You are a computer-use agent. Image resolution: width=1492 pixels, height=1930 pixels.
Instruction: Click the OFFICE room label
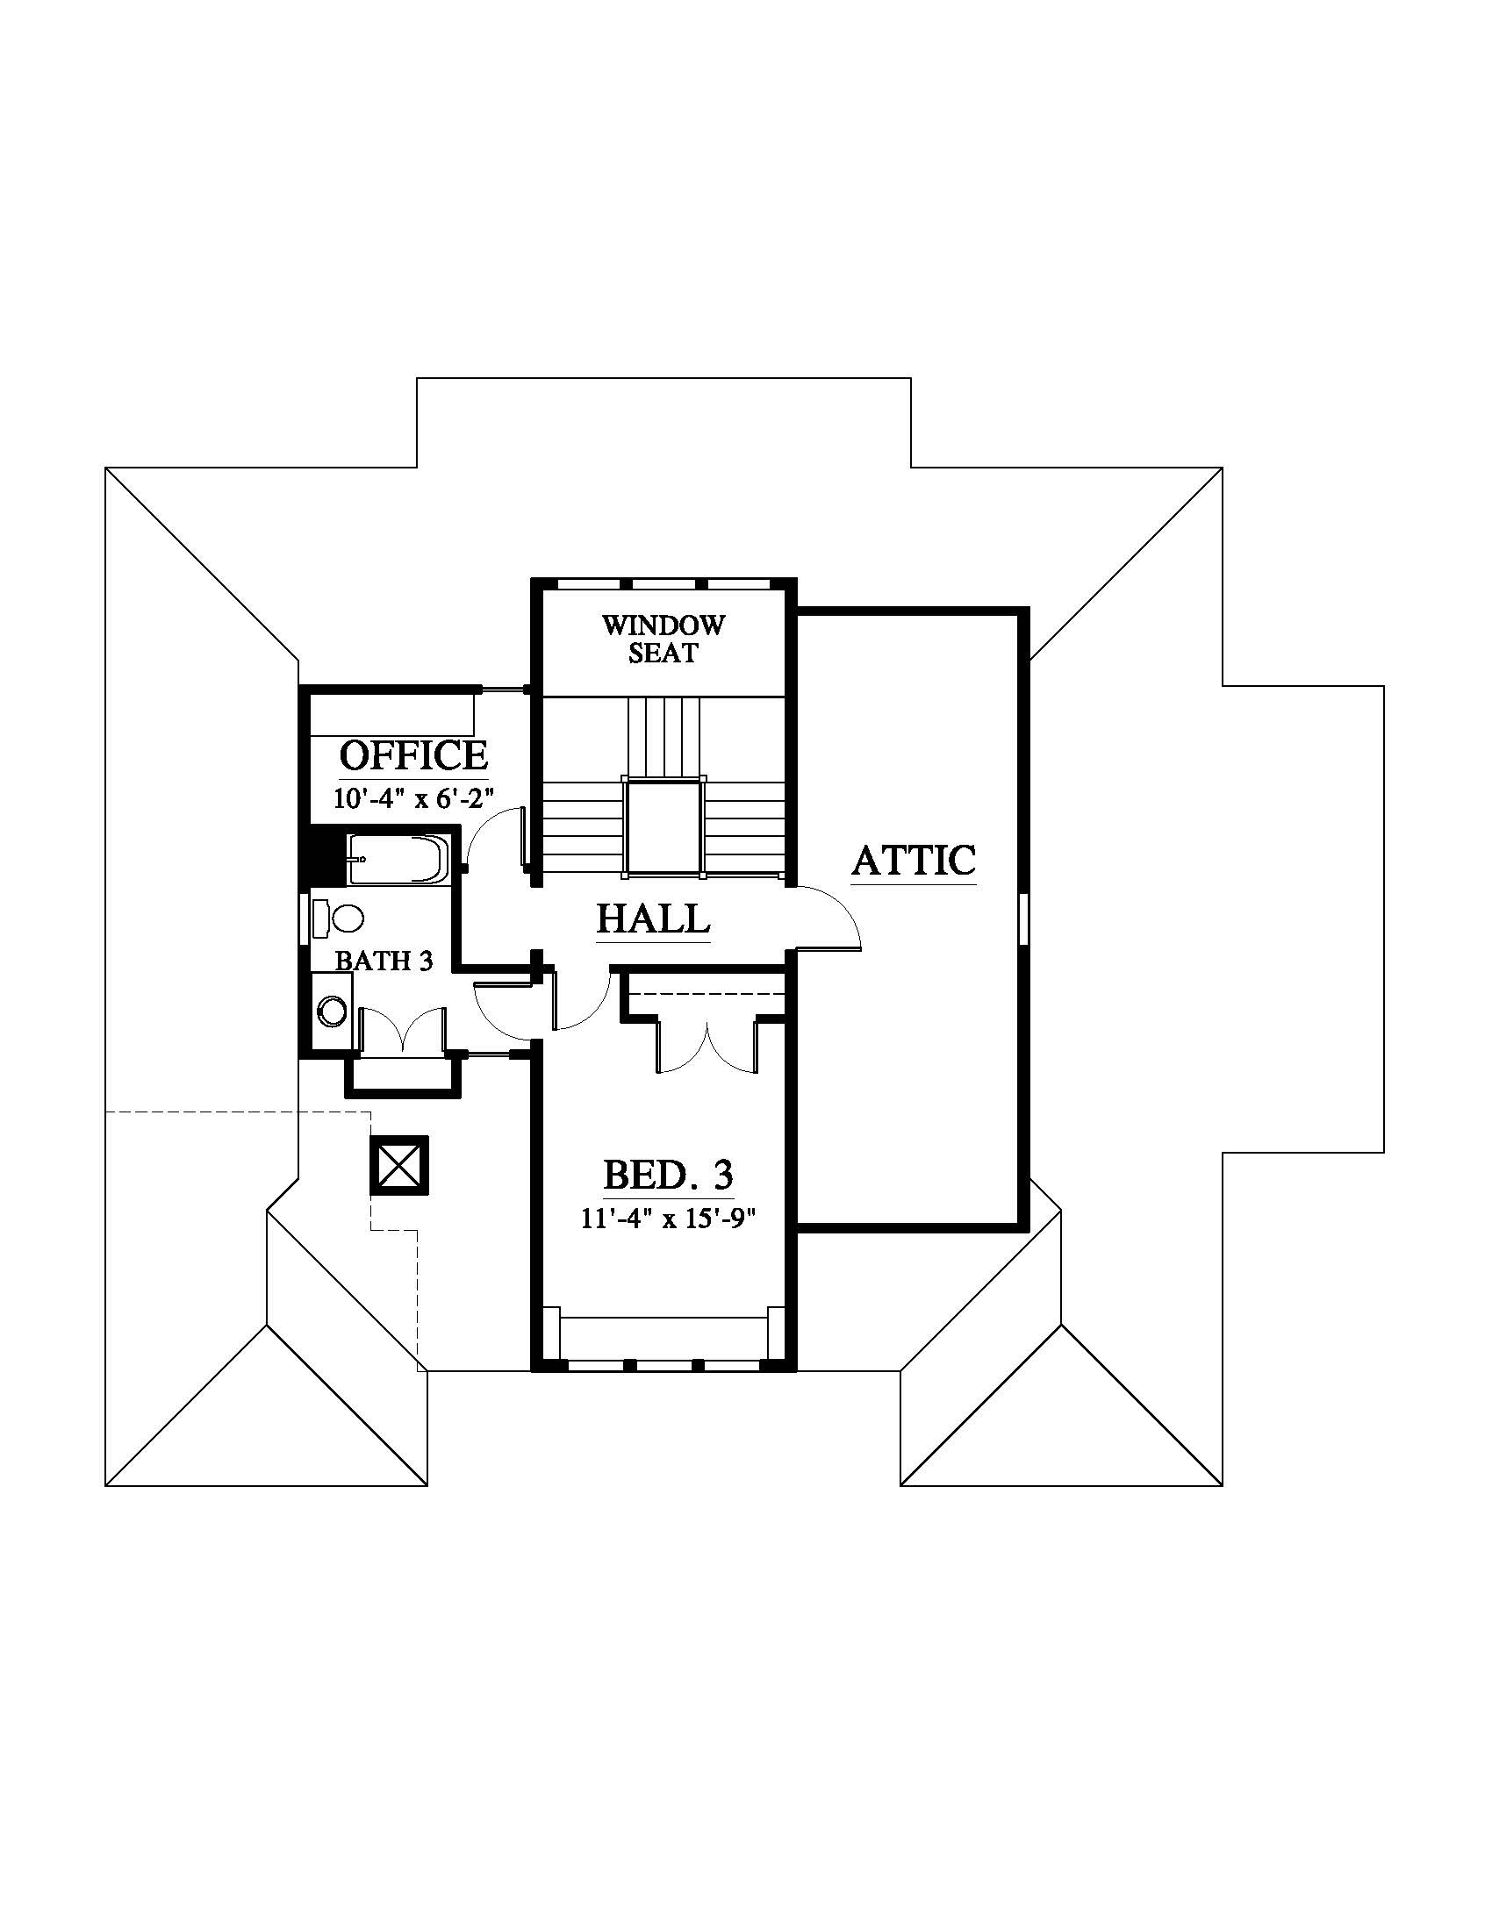pyautogui.click(x=413, y=755)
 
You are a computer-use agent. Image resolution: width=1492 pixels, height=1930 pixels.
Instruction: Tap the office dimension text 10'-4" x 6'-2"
pyautogui.click(x=412, y=798)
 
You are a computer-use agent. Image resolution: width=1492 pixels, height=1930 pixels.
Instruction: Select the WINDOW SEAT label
pyautogui.click(x=663, y=639)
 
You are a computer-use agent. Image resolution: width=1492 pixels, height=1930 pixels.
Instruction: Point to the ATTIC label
pyautogui.click(x=914, y=860)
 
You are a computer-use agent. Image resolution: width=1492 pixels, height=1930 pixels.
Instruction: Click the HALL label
pyautogui.click(x=653, y=919)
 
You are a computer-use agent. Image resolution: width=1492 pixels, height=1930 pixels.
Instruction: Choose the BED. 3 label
pyautogui.click(x=668, y=1176)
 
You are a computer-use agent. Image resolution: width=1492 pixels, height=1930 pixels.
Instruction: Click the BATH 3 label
pyautogui.click(x=384, y=961)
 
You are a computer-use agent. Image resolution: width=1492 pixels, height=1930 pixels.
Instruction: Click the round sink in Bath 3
pyautogui.click(x=334, y=1011)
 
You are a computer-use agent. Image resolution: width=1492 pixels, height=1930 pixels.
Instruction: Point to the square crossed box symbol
pyautogui.click(x=399, y=1166)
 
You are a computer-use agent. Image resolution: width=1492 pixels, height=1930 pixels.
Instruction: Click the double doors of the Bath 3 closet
pyautogui.click(x=403, y=1031)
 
